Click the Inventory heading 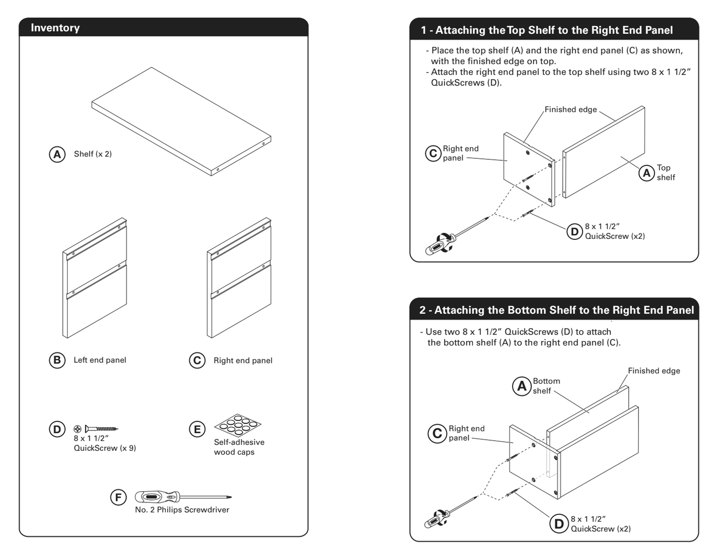point(55,28)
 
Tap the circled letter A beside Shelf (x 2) point(57,154)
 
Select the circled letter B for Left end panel point(57,360)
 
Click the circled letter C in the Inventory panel point(197,360)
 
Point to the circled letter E point(197,429)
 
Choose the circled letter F point(118,497)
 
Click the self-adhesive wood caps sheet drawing point(238,424)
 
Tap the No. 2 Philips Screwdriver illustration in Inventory point(182,496)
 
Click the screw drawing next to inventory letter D point(101,428)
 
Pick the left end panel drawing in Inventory point(95,278)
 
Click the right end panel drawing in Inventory point(239,278)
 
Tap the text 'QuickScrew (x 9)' point(105,448)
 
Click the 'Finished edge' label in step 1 point(571,110)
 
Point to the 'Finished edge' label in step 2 point(653,371)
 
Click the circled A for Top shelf point(647,173)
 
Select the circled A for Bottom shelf point(521,386)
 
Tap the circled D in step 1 point(575,231)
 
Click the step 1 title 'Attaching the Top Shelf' point(547,30)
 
